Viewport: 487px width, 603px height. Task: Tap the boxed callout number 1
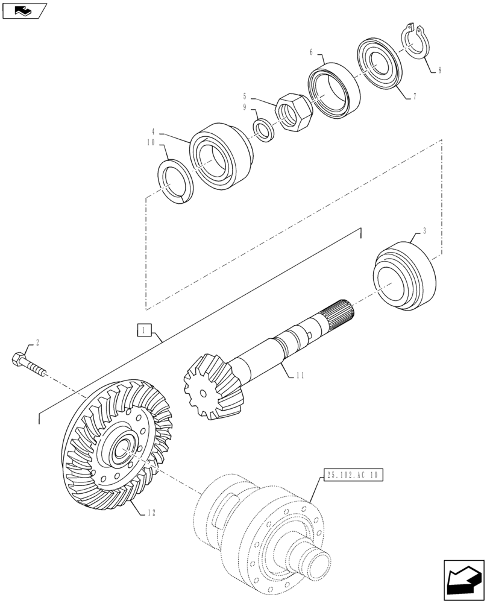point(143,330)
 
